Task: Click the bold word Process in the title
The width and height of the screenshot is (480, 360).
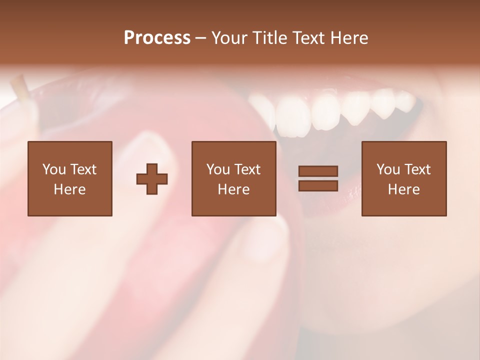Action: (x=157, y=38)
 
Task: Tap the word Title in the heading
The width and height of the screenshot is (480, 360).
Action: (x=269, y=38)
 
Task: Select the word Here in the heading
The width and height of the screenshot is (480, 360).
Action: (x=350, y=38)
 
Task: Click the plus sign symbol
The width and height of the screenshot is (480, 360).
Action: (x=152, y=178)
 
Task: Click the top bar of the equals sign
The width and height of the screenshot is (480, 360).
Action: (x=318, y=171)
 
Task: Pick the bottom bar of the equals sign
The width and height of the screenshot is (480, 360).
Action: (x=318, y=185)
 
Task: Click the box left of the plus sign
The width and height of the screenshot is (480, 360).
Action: (x=69, y=178)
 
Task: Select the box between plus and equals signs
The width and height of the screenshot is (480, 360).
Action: (x=233, y=178)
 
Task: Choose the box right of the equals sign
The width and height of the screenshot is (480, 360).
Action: (x=403, y=178)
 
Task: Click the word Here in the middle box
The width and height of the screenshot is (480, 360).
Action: (x=233, y=189)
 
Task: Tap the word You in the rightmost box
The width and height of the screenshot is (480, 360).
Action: (x=388, y=169)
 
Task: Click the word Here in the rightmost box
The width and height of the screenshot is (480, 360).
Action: (x=403, y=189)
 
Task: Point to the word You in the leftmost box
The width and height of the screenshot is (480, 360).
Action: (x=54, y=169)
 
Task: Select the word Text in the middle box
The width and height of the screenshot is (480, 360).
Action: (x=247, y=169)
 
